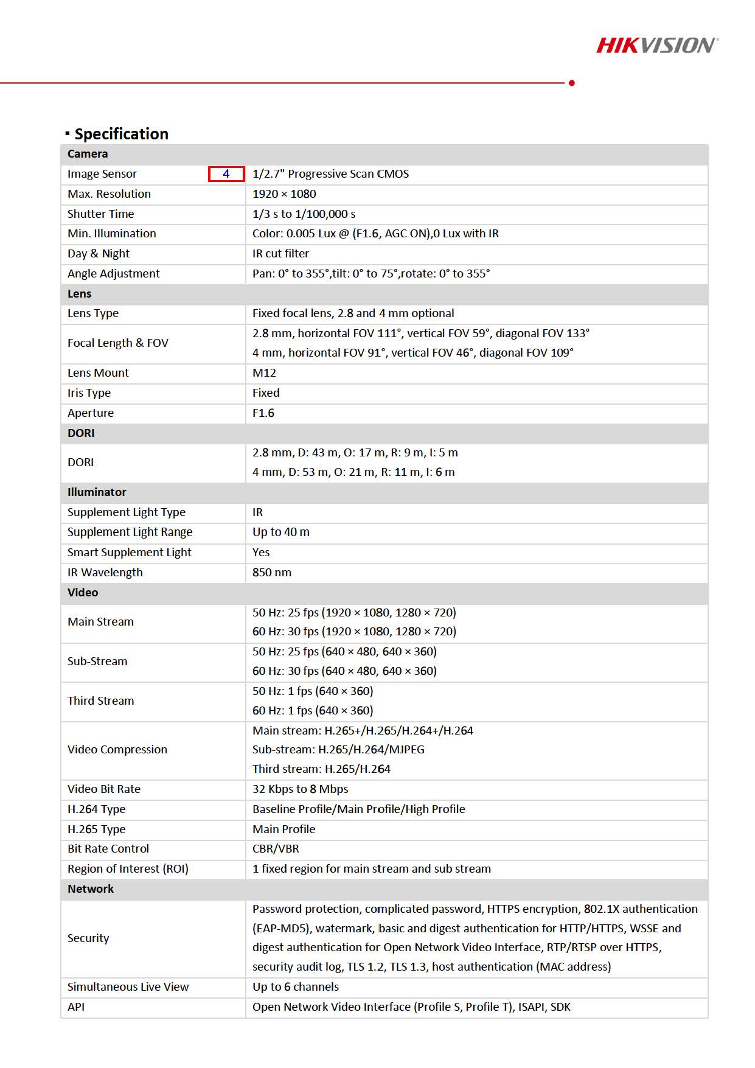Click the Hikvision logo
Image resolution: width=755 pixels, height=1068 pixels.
657,46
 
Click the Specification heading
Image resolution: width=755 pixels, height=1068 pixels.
120,134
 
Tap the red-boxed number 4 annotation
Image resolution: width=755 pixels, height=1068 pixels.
226,174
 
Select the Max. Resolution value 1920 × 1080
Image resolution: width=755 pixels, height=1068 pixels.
284,194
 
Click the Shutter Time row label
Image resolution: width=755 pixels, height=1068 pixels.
101,214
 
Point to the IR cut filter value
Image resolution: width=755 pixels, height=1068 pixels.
280,254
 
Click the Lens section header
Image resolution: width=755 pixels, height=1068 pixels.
80,294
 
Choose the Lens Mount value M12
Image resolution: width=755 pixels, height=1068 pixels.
264,373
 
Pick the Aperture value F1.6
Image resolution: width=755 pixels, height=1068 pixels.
263,413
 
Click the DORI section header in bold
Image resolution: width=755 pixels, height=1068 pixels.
81,433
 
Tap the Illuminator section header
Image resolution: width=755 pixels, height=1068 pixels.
97,492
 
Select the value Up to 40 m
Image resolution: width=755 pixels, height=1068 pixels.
280,532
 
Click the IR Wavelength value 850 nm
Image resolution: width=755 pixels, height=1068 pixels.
271,573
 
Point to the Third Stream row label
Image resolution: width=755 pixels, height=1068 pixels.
101,701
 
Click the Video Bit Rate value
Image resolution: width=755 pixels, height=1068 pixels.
300,789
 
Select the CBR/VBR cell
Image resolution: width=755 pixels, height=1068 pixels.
276,849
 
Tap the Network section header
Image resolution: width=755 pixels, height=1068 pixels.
91,889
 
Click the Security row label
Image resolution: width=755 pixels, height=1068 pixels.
88,938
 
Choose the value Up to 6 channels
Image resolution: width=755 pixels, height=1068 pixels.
295,987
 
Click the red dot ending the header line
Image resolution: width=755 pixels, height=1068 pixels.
571,83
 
